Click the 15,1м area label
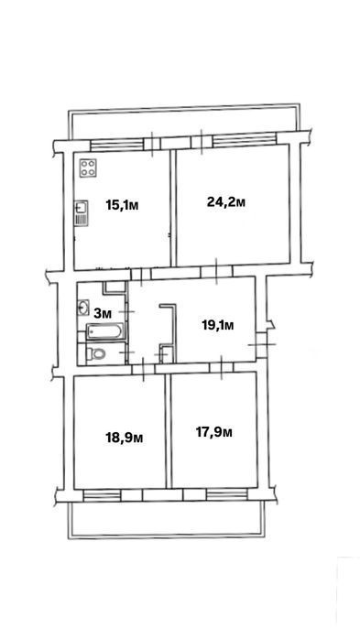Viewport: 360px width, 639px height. pyautogui.click(x=122, y=205)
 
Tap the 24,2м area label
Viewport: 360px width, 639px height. pyautogui.click(x=226, y=201)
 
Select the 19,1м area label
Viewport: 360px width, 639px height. pyautogui.click(x=218, y=325)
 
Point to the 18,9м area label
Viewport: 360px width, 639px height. pyautogui.click(x=125, y=438)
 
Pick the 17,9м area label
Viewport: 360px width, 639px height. pyautogui.click(x=214, y=432)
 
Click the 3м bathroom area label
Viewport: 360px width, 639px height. pyautogui.click(x=103, y=313)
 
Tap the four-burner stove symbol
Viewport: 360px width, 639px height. pyautogui.click(x=89, y=168)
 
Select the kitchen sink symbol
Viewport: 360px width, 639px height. pyautogui.click(x=81, y=212)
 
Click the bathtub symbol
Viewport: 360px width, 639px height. pyautogui.click(x=104, y=331)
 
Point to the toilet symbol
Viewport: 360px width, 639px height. pyautogui.click(x=96, y=353)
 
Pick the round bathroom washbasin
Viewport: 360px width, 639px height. pyautogui.click(x=83, y=308)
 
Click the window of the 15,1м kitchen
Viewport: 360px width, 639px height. pyautogui.click(x=117, y=145)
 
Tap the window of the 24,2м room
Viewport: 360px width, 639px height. pyautogui.click(x=245, y=140)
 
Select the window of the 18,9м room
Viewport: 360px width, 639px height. pyautogui.click(x=102, y=494)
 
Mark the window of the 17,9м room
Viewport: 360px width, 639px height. pyautogui.click(x=226, y=494)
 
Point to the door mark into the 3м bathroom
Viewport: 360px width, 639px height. pyautogui.click(x=129, y=311)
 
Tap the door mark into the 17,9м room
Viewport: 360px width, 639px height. pyautogui.click(x=221, y=368)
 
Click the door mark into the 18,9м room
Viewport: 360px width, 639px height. pyautogui.click(x=143, y=369)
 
